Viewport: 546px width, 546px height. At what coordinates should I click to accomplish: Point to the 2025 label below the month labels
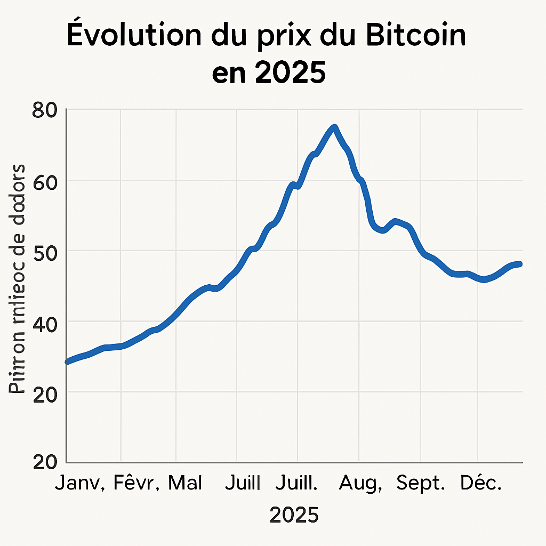[x=294, y=515]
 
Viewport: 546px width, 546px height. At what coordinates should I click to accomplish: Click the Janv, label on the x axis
[x=82, y=484]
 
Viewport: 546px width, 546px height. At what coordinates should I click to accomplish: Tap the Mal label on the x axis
[x=185, y=484]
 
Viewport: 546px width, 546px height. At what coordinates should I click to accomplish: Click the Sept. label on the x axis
[x=421, y=484]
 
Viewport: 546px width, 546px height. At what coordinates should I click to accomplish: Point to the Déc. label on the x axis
[x=481, y=484]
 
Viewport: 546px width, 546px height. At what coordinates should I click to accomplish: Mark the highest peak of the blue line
[x=334, y=127]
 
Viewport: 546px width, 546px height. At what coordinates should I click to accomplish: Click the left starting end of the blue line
[x=67, y=362]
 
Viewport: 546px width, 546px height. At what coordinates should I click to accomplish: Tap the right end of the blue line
[x=520, y=264]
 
